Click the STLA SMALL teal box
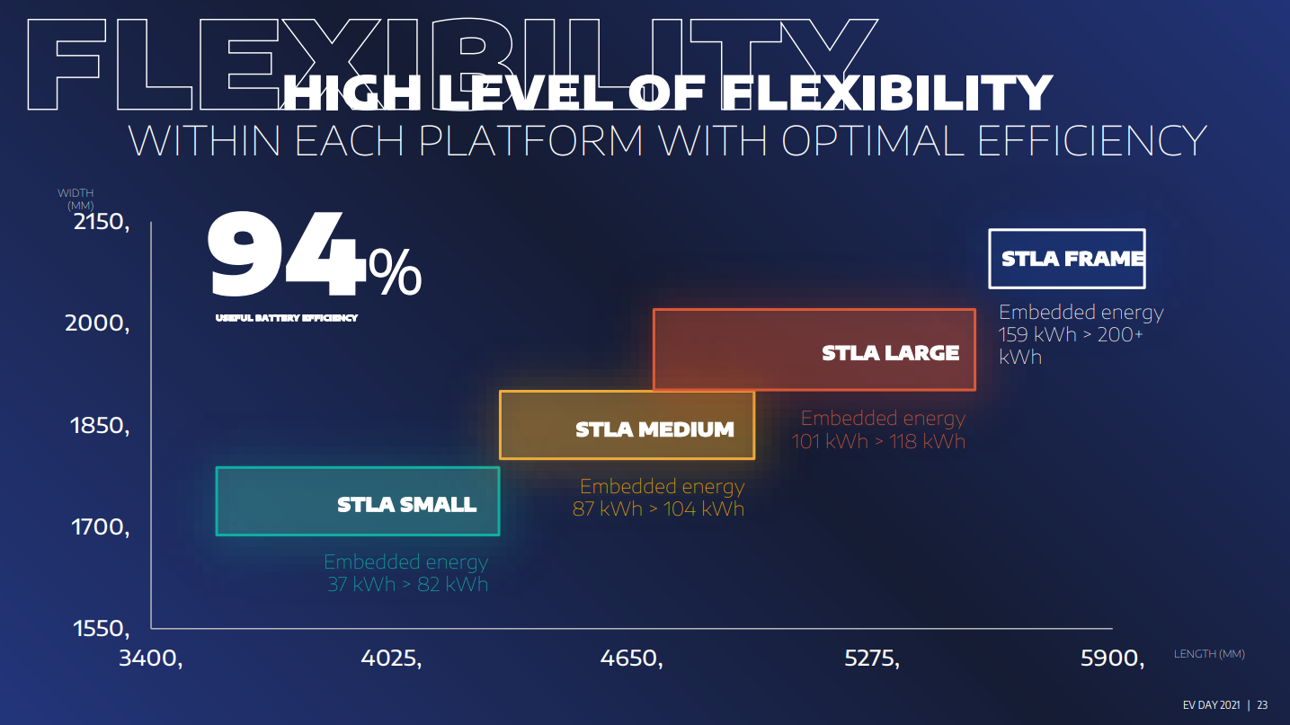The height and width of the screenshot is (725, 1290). (x=358, y=501)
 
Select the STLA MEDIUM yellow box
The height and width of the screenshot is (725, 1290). (x=627, y=425)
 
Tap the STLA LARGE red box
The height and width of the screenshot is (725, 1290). (x=814, y=349)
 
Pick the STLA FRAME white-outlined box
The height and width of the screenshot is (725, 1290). (x=1067, y=259)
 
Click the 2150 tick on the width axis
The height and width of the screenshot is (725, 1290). (x=102, y=222)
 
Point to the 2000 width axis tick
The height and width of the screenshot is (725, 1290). (x=97, y=323)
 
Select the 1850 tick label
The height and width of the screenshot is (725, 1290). (x=100, y=426)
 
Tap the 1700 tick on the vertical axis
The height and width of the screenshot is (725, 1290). (x=100, y=527)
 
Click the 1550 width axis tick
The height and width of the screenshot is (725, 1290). (x=102, y=628)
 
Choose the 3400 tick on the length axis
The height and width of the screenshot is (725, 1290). (x=151, y=659)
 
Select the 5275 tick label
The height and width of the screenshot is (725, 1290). (x=872, y=659)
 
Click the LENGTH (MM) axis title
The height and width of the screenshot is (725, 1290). (x=1209, y=654)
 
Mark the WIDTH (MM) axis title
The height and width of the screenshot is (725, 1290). (x=76, y=199)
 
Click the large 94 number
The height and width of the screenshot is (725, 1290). (x=286, y=253)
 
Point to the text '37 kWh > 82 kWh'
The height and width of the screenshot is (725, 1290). (x=408, y=585)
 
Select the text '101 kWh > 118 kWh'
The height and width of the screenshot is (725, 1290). (x=878, y=441)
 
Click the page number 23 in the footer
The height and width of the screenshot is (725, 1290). (x=1262, y=705)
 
